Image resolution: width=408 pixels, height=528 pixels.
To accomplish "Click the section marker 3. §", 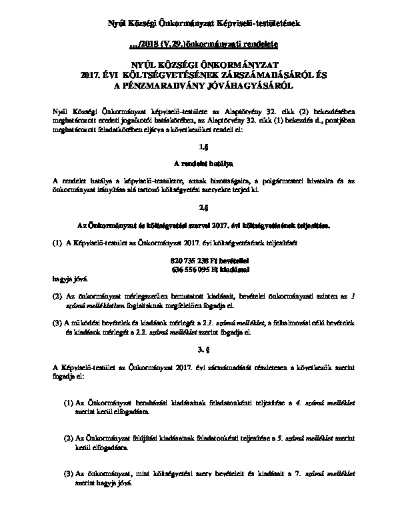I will click(204, 349).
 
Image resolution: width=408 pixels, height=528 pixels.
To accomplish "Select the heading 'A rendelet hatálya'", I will click(204, 162).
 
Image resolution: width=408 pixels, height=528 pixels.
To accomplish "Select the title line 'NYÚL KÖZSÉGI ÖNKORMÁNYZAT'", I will click(204, 65).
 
